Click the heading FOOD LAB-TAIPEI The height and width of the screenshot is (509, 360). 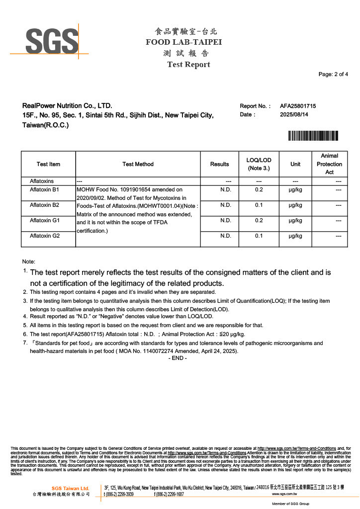click(x=183, y=42)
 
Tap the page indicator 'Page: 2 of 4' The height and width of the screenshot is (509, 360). click(x=333, y=75)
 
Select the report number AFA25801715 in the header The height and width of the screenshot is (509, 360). click(x=298, y=106)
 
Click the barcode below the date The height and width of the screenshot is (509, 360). click(x=313, y=136)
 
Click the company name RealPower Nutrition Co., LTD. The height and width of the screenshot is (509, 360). click(x=67, y=106)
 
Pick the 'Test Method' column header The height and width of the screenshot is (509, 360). click(x=138, y=164)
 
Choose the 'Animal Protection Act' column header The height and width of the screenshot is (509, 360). click(x=329, y=164)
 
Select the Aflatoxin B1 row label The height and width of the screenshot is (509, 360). click(x=45, y=189)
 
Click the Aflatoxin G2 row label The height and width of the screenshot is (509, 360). click(x=45, y=236)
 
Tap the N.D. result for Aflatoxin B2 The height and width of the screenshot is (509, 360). click(x=226, y=205)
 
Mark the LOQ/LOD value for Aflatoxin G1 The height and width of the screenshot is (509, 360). click(x=259, y=220)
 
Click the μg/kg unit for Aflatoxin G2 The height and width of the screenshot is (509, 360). click(x=295, y=236)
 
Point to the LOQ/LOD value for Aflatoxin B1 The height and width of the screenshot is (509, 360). click(x=259, y=189)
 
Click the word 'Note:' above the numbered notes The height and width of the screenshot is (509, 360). click(x=29, y=261)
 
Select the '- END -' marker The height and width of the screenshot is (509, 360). click(x=178, y=358)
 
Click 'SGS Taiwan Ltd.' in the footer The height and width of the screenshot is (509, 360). click(x=70, y=488)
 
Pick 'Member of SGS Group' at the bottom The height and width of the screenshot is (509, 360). click(x=290, y=504)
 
